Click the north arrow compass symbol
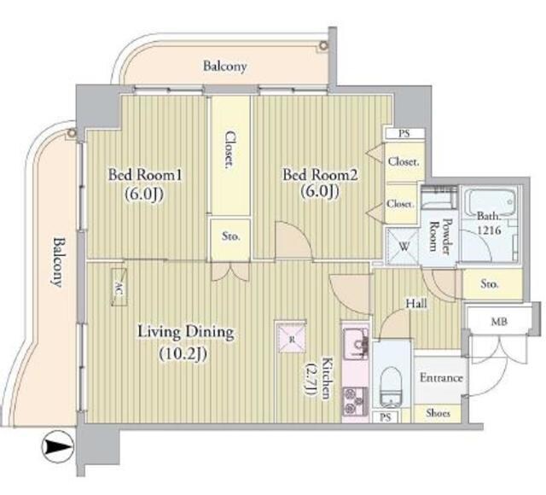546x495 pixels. tap(58, 446)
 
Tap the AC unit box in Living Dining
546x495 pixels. tap(119, 288)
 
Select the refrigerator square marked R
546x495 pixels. tap(291, 337)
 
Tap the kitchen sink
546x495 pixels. tap(355, 343)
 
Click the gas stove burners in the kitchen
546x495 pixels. tap(355, 401)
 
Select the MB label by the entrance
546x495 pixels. tap(498, 322)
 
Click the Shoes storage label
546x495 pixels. tap(438, 413)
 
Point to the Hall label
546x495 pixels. tap(416, 304)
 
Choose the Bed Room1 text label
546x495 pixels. tap(145, 174)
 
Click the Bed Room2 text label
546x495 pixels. tap(320, 174)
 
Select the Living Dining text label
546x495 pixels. tap(186, 332)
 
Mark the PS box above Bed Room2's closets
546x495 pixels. tap(404, 133)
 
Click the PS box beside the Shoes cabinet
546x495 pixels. tap(386, 417)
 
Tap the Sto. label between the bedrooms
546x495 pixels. tap(231, 236)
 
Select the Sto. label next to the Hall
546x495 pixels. tap(489, 284)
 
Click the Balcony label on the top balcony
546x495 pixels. tap(225, 66)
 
